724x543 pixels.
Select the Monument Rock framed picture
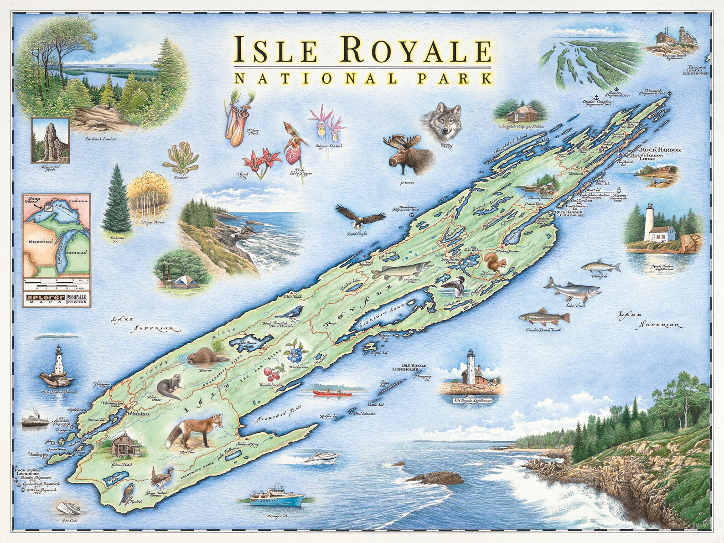coord(50,140)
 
